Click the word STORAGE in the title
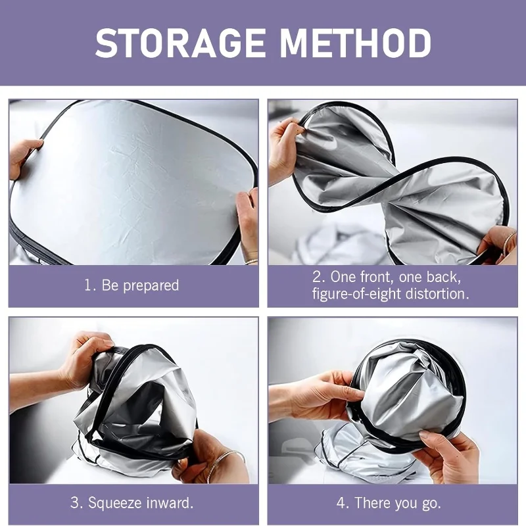(180, 43)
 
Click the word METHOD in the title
(355, 43)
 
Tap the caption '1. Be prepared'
(131, 285)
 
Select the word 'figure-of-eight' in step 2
(356, 294)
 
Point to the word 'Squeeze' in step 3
(113, 503)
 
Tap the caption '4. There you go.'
(389, 503)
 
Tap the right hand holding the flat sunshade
(247, 225)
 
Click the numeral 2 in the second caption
(317, 277)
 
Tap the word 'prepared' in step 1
(151, 286)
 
